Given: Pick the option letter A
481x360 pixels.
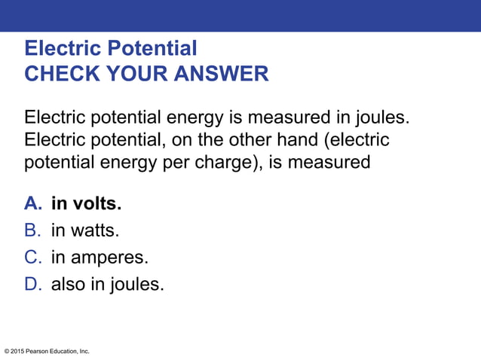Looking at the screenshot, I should tap(32, 204).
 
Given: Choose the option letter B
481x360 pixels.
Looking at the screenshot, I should tap(32, 231).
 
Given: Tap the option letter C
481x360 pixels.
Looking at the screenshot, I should tap(32, 258).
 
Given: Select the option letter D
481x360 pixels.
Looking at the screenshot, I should tap(32, 285).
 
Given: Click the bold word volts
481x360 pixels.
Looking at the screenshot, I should tap(96, 204).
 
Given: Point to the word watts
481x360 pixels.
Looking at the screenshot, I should tap(93, 231).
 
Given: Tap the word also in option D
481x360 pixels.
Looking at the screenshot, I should tap(68, 285).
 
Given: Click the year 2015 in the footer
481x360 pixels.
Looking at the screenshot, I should tap(20, 352).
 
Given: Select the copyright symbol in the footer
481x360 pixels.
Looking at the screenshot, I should tap(7, 352).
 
